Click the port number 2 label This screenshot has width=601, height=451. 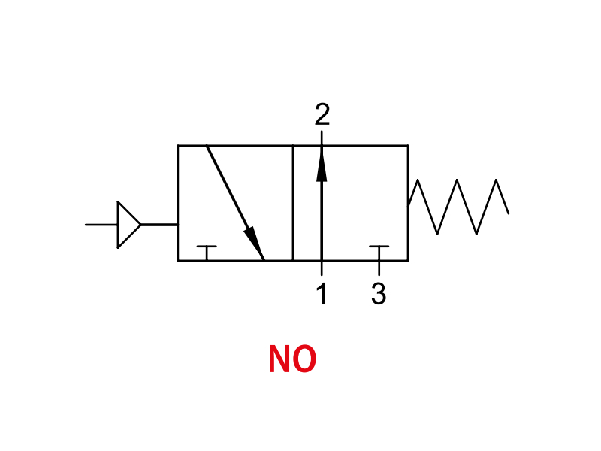[322, 114]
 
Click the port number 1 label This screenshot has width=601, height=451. [322, 293]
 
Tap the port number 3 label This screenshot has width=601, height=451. [379, 293]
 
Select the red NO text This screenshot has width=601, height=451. [292, 359]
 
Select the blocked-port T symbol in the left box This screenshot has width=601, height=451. [207, 253]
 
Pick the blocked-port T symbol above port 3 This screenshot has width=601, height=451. [379, 253]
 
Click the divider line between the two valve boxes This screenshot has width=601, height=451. [293, 203]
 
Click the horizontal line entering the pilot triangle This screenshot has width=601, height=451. [101, 224]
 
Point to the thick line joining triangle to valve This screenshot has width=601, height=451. [159, 224]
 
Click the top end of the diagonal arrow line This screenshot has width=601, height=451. [207, 146]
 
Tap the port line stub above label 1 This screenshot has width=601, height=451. [322, 268]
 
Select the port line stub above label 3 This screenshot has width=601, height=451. [379, 268]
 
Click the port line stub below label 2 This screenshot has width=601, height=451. [322, 138]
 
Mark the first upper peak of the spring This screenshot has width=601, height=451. [418, 180]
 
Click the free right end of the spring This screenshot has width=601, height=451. [509, 213]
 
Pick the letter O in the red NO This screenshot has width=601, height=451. [304, 359]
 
